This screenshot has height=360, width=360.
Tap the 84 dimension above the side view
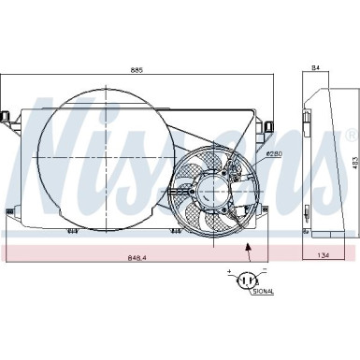coord(315,67)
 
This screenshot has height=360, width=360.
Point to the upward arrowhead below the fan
coord(248,245)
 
